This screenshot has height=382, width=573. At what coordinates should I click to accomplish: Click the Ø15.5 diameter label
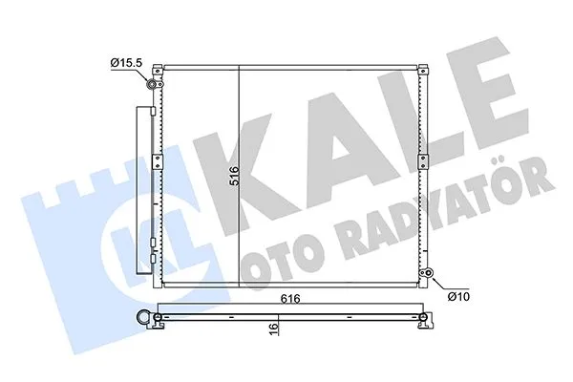[126, 63]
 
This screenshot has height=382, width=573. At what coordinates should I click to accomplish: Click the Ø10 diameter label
[458, 295]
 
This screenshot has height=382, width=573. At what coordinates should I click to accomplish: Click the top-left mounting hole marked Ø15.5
[152, 85]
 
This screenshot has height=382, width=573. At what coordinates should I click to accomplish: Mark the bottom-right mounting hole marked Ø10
[431, 278]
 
